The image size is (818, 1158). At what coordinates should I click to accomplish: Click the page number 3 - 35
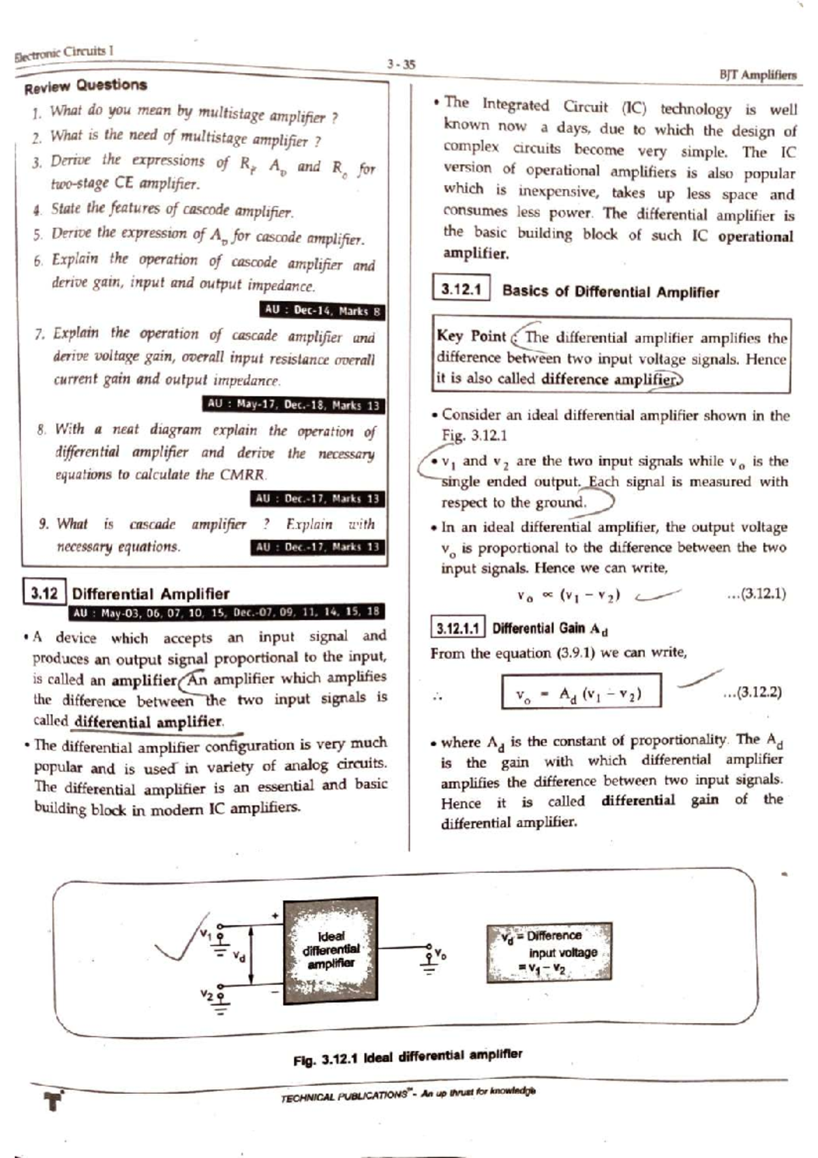tap(401, 65)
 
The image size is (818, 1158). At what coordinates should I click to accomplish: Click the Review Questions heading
tap(86, 86)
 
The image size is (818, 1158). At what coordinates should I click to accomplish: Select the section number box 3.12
tap(44, 593)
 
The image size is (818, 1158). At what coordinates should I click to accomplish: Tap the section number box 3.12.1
tap(461, 290)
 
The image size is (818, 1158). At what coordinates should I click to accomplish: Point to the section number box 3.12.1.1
tap(458, 628)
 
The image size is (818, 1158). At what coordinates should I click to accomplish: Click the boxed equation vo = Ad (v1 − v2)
tap(581, 694)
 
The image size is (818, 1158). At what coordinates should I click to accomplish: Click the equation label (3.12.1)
tap(756, 593)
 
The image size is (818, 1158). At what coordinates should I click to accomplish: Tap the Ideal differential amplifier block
tap(331, 949)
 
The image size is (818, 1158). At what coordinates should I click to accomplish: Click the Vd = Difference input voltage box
tap(549, 952)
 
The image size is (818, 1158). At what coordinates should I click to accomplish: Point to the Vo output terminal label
tap(440, 952)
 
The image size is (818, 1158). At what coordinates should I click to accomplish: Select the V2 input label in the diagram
tap(207, 994)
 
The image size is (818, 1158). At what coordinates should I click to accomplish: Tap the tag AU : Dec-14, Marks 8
tap(322, 311)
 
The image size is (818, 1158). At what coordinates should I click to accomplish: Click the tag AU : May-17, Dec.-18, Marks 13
tap(293, 404)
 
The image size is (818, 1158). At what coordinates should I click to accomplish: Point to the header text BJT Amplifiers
tap(757, 75)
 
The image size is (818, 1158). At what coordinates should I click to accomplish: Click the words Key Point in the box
tap(471, 336)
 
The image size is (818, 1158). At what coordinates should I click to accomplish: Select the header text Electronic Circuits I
tap(63, 53)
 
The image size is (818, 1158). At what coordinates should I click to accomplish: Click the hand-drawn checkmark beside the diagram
tap(174, 939)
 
